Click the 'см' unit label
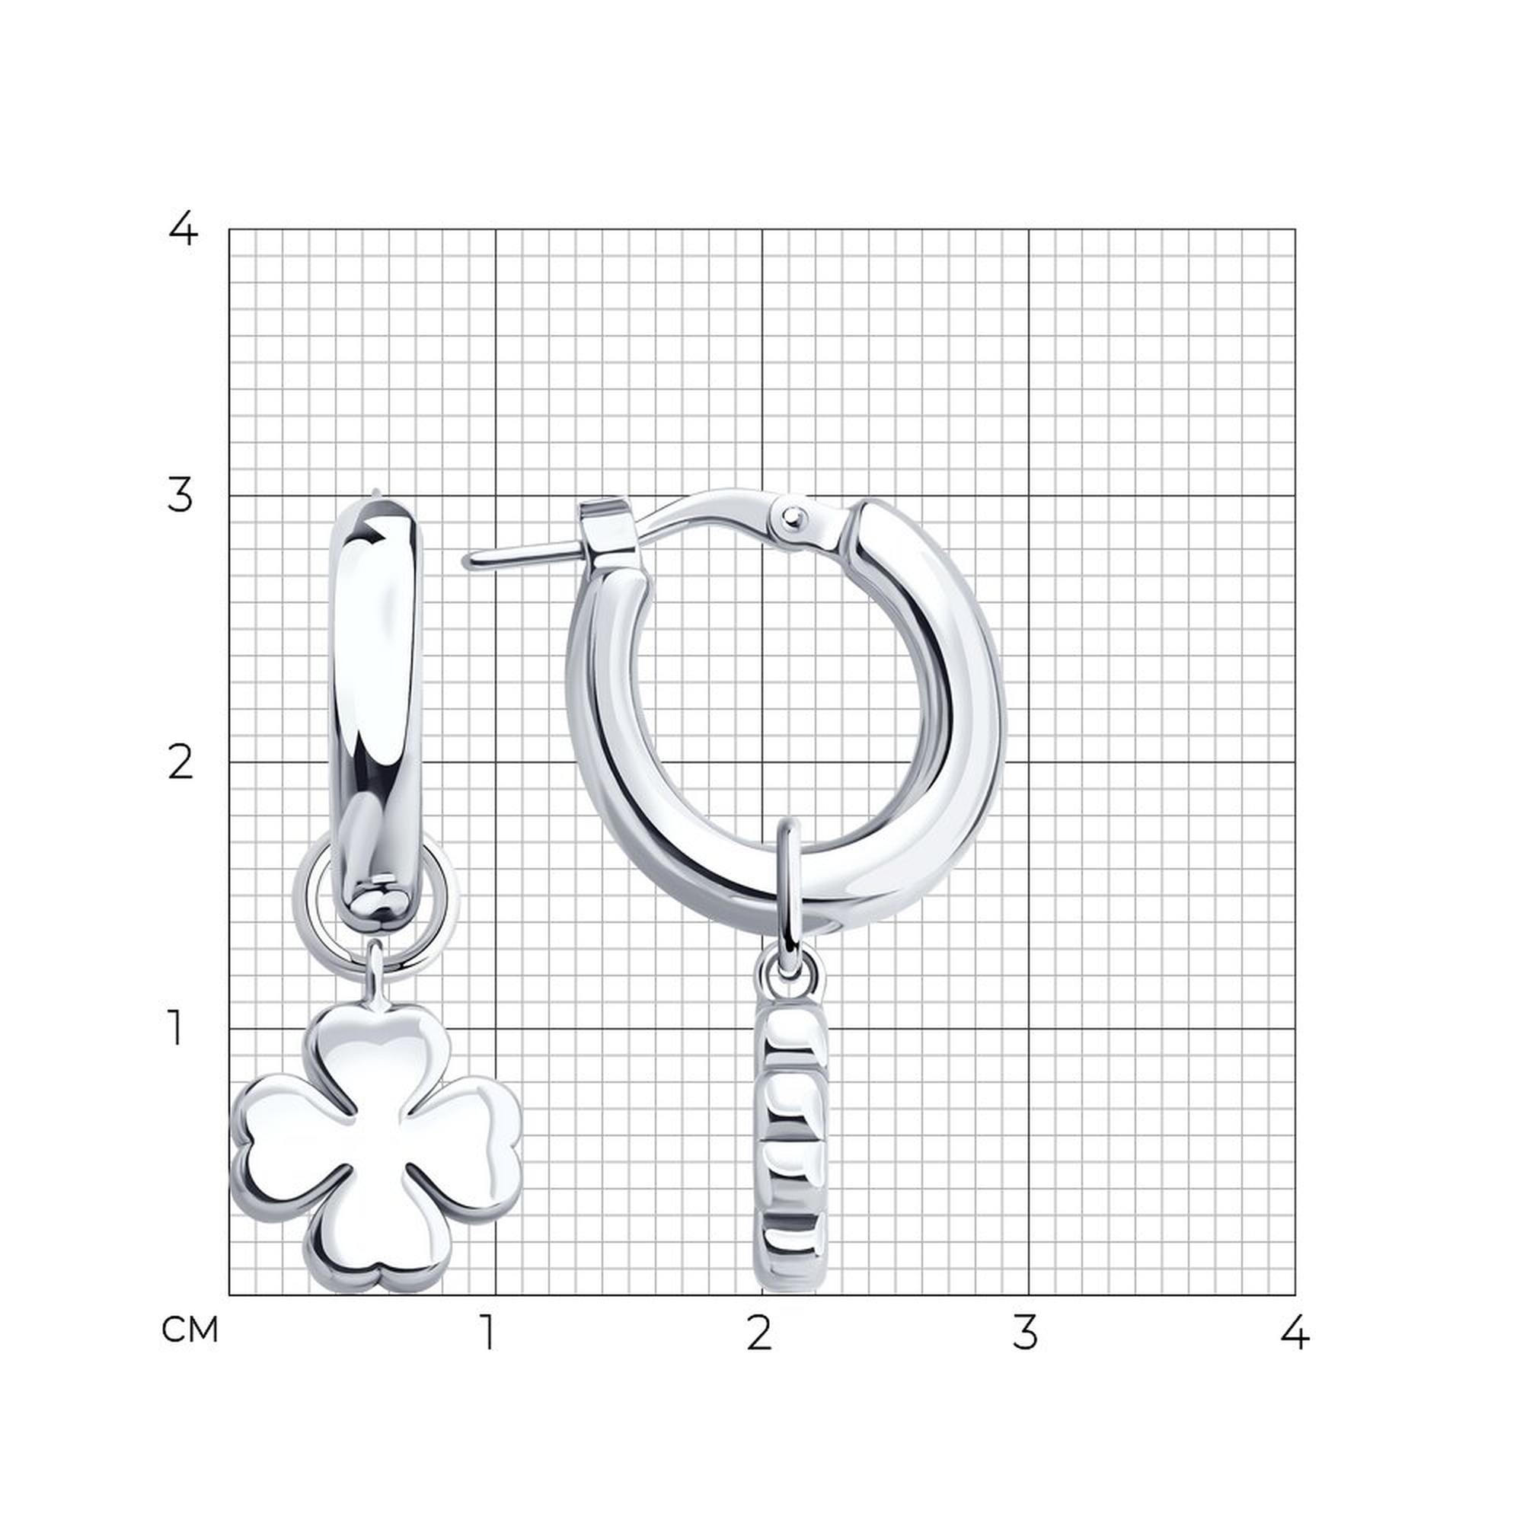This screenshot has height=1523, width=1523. (190, 1330)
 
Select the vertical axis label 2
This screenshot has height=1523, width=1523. (180, 762)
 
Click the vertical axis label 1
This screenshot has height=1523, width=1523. (176, 1028)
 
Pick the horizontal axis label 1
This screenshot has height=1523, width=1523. (490, 1331)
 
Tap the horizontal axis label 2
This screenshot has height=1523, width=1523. (759, 1331)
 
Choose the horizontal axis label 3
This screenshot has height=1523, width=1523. (1026, 1331)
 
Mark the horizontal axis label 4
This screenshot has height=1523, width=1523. (1295, 1331)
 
